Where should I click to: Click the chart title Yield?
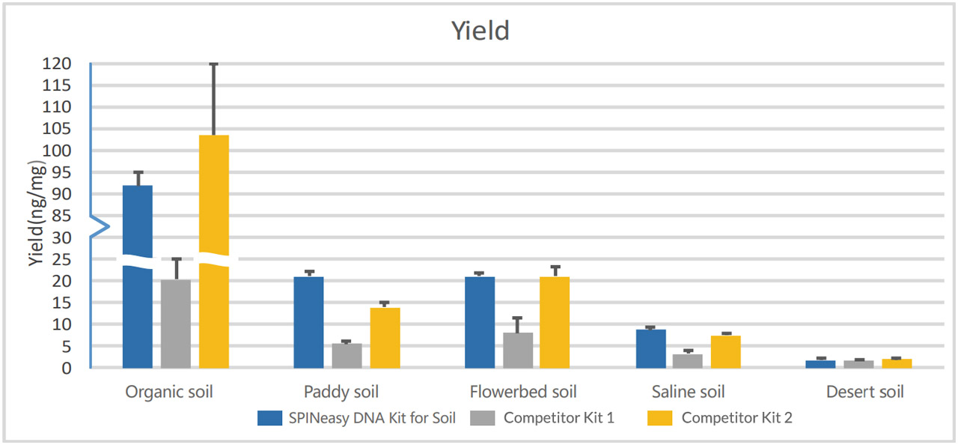pos(480,31)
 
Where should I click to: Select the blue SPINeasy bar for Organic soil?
pos(138,276)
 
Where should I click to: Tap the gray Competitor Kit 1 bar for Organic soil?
pos(176,324)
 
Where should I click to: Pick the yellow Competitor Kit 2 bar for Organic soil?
pos(214,252)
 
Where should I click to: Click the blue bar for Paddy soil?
pos(309,323)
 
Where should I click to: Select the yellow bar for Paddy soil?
pos(385,338)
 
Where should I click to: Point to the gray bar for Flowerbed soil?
pos(518,351)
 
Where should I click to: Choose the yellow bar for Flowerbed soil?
pos(555,323)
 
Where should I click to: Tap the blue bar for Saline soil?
pos(651,348)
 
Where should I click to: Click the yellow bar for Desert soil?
pos(897,363)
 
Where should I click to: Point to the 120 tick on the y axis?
pos(56,64)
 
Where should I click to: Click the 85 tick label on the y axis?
pos(61,216)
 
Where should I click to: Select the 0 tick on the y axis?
pos(67,368)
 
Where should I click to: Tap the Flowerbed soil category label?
pos(523,392)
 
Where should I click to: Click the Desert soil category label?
pos(864,392)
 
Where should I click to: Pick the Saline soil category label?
pos(688,392)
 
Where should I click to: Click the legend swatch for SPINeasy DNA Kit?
pos(269,418)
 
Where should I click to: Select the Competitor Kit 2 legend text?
pos(736,417)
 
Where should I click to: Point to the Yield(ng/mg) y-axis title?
pos(37,213)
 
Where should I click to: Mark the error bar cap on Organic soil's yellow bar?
pos(214,64)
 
